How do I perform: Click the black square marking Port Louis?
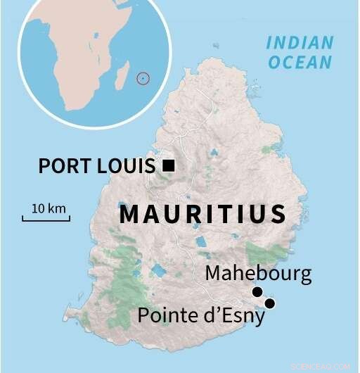click(168, 165)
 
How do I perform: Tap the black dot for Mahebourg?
click(257, 292)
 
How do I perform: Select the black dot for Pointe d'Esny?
click(269, 303)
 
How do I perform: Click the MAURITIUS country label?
click(202, 214)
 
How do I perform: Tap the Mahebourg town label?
click(258, 273)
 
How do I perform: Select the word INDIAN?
click(299, 42)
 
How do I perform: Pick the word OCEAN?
click(299, 62)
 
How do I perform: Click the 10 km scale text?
click(49, 208)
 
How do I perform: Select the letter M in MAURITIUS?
click(130, 214)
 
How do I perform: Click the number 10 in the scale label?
click(38, 208)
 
